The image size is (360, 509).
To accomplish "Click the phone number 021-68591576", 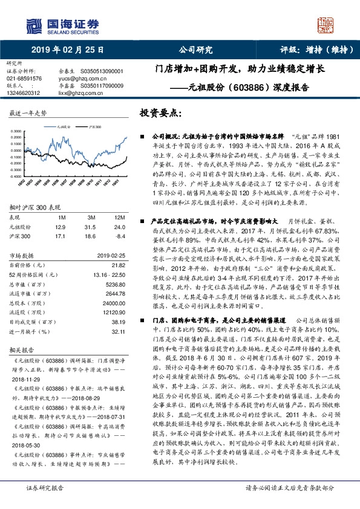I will [x=25, y=79].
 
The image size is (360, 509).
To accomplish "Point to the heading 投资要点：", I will [x=160, y=113].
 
